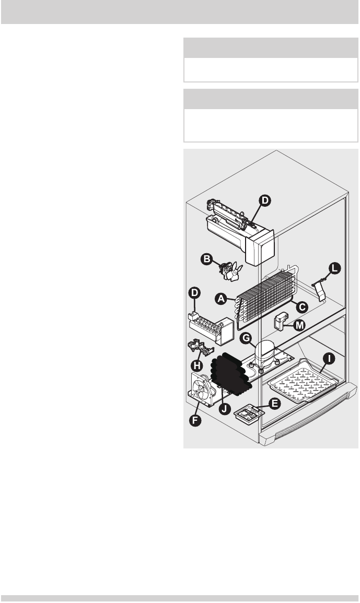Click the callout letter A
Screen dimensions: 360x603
[x=221, y=299]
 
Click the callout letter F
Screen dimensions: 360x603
[x=195, y=419]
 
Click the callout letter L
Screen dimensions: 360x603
[x=333, y=269]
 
